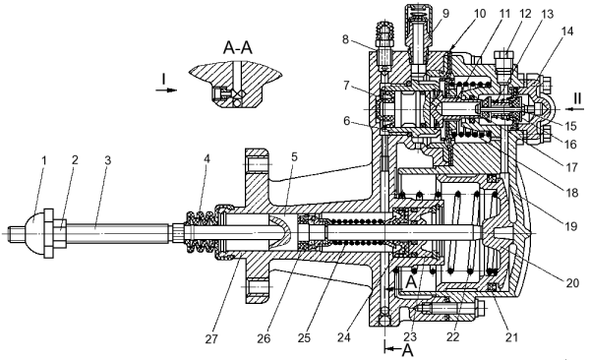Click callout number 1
tap(43, 160)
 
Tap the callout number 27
tap(211, 339)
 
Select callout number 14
tap(567, 31)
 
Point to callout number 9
tap(445, 14)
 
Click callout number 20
tap(572, 282)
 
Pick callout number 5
tap(294, 156)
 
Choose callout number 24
tap(343, 337)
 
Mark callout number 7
tap(346, 86)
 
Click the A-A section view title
tap(237, 48)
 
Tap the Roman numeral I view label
tap(163, 80)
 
